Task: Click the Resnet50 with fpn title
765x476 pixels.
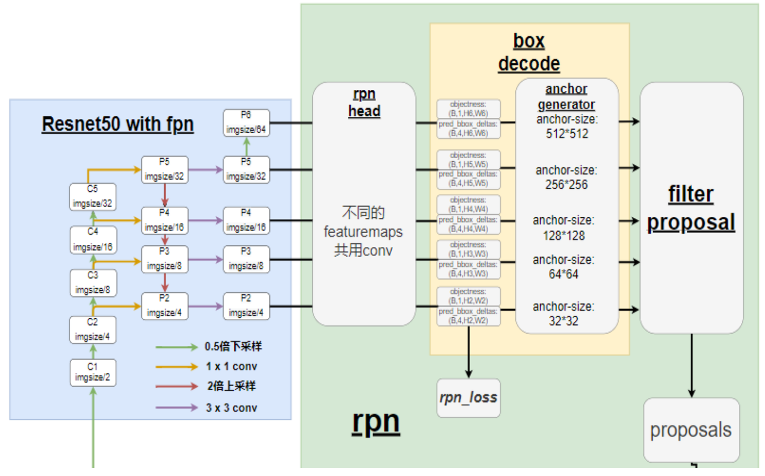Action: tap(117, 124)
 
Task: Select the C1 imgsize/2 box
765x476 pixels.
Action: tap(92, 372)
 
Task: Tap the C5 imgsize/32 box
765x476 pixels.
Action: tap(92, 197)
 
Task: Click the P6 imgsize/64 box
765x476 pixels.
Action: tap(246, 123)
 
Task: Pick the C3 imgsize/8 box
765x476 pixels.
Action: tap(92, 283)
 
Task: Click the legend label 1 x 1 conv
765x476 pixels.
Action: tap(231, 367)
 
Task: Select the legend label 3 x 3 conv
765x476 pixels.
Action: tap(231, 408)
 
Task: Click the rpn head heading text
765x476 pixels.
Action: tap(364, 103)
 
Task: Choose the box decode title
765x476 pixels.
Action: tap(529, 52)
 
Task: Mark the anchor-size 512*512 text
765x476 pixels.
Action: tap(567, 126)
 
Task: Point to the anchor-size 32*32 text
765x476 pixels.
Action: tap(563, 314)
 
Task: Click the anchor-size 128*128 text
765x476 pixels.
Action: tap(563, 228)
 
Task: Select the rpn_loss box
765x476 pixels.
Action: tap(468, 398)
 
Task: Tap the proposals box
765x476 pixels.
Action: tap(691, 430)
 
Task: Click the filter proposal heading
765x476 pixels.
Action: tap(691, 208)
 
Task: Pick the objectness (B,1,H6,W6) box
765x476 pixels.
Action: tap(468, 109)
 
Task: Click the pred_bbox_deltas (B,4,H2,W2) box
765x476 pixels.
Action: tap(468, 316)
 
